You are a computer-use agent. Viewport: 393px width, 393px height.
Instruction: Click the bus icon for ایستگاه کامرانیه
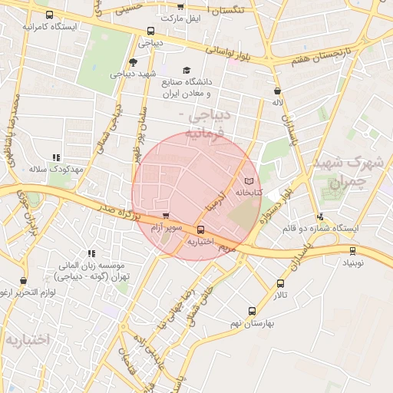pyautogui.click(x=50, y=15)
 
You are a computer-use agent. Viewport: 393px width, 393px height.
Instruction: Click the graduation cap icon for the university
pyautogui.click(x=187, y=71)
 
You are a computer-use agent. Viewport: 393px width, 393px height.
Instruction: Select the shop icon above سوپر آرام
pyautogui.click(x=166, y=216)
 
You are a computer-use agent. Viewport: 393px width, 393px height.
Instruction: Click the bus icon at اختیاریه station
pyautogui.click(x=200, y=230)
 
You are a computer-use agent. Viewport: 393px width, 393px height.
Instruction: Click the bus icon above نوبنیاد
pyautogui.click(x=352, y=250)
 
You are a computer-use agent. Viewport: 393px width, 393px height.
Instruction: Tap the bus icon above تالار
pyautogui.click(x=280, y=283)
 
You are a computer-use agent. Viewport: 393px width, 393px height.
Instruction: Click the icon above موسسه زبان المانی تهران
pyautogui.click(x=91, y=253)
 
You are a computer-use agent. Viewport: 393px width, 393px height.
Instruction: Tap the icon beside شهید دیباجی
pyautogui.click(x=134, y=63)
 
